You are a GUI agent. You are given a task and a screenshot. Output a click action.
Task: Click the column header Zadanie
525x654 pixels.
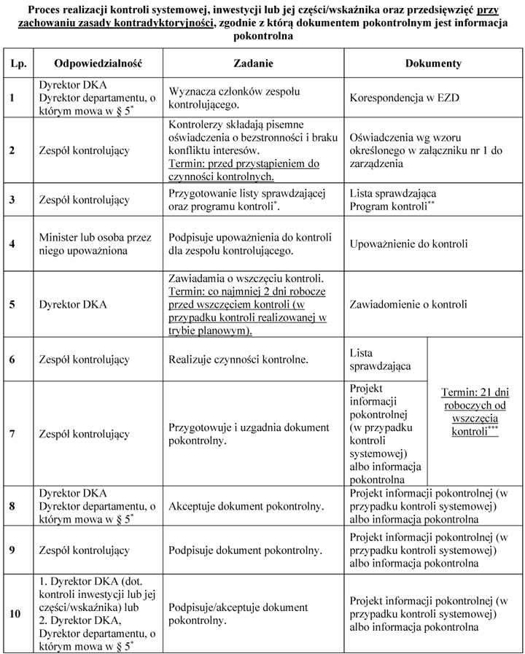254,63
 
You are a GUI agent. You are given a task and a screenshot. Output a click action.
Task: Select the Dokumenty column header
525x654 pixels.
433,63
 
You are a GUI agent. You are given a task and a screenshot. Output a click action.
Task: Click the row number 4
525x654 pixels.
11,244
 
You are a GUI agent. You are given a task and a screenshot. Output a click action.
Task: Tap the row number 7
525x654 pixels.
11,434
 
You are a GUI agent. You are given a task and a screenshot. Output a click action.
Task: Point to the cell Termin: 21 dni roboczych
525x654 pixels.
475,411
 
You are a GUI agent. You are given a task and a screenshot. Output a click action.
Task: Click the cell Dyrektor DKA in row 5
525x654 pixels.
73,304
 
